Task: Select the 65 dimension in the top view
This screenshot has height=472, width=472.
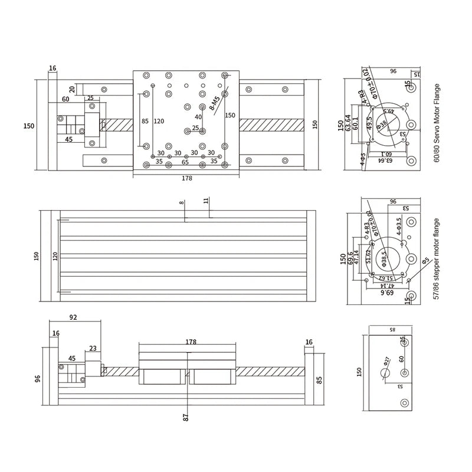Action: (185, 160)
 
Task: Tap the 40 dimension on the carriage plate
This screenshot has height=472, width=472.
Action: (198, 117)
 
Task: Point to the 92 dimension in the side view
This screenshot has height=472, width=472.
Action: (73, 317)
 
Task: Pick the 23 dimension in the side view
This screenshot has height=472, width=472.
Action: (93, 348)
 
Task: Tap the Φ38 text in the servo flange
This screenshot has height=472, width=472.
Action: (382, 124)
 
